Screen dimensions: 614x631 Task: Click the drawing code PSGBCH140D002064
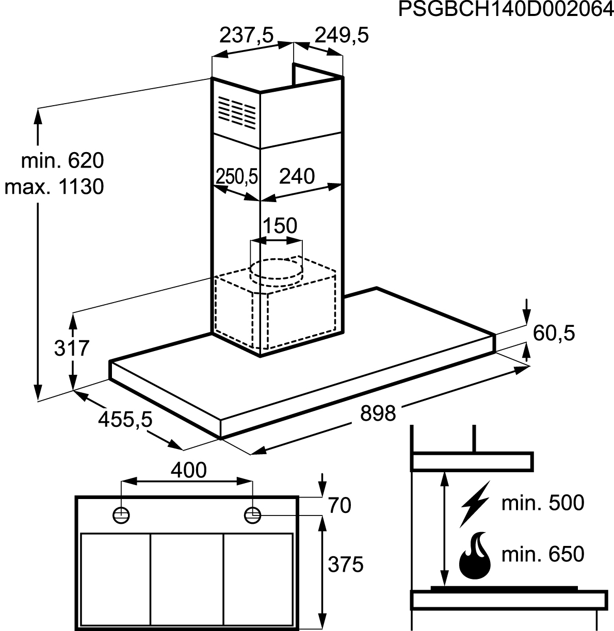point(506,9)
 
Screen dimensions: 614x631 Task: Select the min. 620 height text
point(62,160)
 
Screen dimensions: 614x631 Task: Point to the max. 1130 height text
point(54,187)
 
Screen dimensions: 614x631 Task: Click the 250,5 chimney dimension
point(237,176)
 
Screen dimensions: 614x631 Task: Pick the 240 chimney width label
point(297,176)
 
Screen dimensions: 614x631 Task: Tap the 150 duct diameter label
point(280,225)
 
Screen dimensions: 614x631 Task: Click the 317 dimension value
point(72,348)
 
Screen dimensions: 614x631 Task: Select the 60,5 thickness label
point(554,334)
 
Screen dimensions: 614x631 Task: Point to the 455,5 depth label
point(125,420)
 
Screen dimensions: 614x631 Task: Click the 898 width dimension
point(378,413)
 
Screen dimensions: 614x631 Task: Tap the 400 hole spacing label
point(188,470)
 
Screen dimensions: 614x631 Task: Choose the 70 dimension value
point(340,505)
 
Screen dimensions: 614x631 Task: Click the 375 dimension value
point(346,564)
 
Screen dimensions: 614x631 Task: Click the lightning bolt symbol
point(475,504)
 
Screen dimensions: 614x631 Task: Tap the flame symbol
point(475,555)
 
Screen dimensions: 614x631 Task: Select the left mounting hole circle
point(121,515)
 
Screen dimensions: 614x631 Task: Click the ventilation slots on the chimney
point(237,112)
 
